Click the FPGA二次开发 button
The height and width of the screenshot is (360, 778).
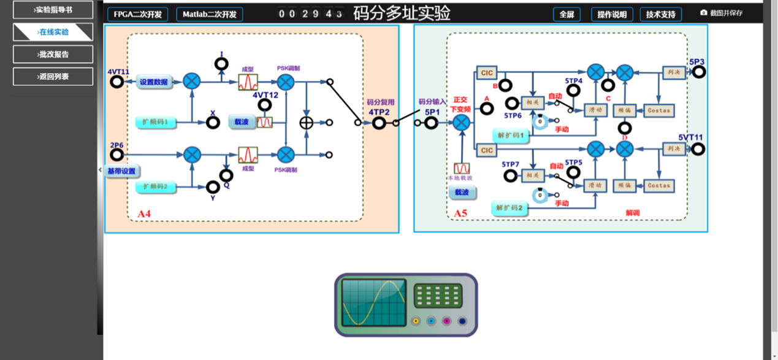[x=137, y=14]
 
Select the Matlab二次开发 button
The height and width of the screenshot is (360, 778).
[x=209, y=14]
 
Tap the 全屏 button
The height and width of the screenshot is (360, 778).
[x=566, y=14]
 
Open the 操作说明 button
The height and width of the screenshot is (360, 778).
[x=612, y=14]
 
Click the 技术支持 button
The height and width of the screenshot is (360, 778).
[x=660, y=14]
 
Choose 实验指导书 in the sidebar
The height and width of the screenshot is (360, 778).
[x=53, y=10]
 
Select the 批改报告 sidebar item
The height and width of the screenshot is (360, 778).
[x=53, y=54]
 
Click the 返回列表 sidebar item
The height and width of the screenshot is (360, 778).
[x=53, y=77]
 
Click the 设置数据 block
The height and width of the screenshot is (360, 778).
[x=153, y=82]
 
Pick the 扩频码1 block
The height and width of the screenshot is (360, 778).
[x=156, y=122]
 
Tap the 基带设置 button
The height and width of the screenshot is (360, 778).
[x=121, y=171]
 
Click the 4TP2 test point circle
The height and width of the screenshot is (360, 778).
[x=379, y=123]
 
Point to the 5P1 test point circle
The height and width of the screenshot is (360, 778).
[x=432, y=123]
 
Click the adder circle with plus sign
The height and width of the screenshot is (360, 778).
[x=306, y=123]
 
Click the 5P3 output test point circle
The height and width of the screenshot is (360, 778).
[x=698, y=72]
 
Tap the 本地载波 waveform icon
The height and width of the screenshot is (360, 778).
[x=462, y=168]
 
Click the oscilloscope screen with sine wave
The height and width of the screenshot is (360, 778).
[x=373, y=302]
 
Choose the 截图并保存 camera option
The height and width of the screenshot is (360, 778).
[x=722, y=13]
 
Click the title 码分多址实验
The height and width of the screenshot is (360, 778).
[x=402, y=13]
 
